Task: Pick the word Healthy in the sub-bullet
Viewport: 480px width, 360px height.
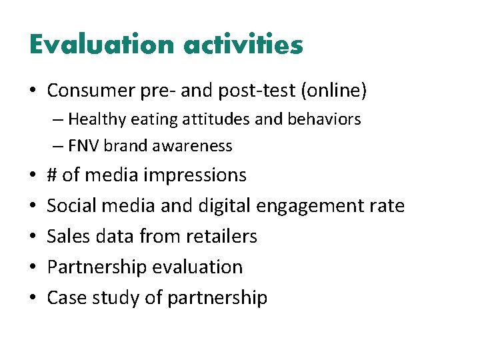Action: (95, 119)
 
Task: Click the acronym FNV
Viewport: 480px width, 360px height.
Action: (82, 145)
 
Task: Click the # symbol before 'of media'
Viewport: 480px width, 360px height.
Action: (52, 175)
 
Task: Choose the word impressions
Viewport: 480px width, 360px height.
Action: (195, 175)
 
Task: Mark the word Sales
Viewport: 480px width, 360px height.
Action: (67, 237)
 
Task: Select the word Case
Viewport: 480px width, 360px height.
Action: (65, 298)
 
